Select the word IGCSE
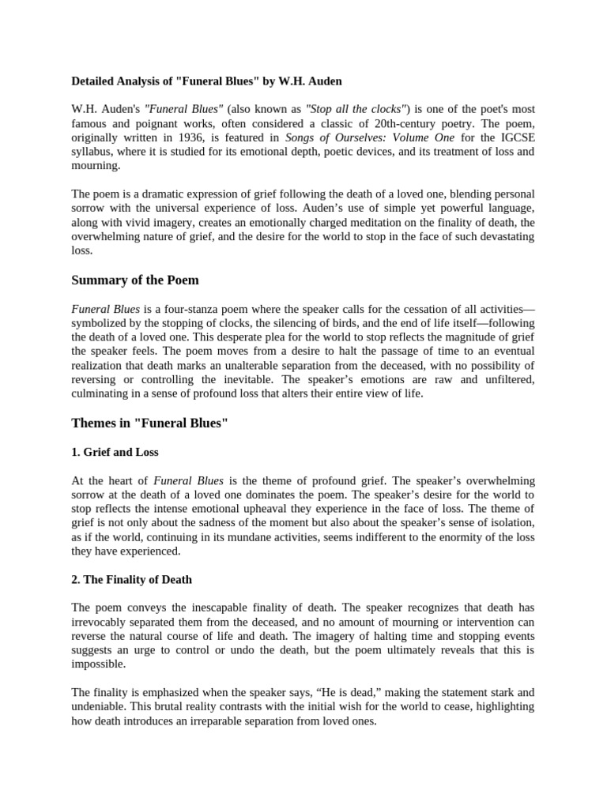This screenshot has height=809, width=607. tap(516, 137)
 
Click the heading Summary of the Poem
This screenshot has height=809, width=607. tap(135, 280)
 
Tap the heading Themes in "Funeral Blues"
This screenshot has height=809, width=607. tap(149, 423)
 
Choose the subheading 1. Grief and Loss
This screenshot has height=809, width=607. tap(115, 453)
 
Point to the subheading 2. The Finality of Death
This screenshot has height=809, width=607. tap(132, 579)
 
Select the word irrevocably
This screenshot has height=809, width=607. tap(102, 622)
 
